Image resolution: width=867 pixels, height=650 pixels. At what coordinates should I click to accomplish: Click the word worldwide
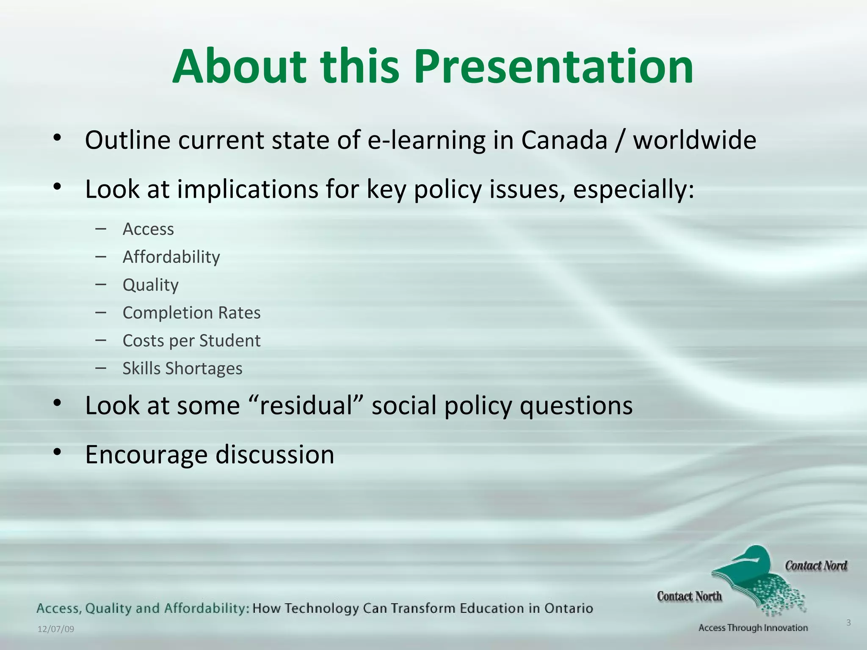(694, 140)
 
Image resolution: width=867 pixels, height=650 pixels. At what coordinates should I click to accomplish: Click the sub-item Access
(148, 229)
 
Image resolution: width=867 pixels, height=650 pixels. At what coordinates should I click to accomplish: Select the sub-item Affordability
(171, 257)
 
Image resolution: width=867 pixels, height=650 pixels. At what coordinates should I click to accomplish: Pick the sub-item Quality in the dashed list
(150, 285)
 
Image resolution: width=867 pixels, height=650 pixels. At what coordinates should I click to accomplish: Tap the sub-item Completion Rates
(191, 313)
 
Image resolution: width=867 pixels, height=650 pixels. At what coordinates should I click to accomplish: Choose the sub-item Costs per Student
(191, 341)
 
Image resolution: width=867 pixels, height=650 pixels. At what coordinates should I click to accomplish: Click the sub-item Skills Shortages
(182, 369)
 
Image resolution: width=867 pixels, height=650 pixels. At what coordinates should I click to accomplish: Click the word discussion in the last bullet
(275, 454)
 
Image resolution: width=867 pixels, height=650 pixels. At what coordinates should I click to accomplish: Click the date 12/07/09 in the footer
(56, 629)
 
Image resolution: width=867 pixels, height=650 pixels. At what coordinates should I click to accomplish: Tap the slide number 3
(848, 622)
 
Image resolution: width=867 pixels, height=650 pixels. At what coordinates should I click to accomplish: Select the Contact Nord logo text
(816, 566)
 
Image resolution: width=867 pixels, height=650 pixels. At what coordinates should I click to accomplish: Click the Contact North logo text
(689, 596)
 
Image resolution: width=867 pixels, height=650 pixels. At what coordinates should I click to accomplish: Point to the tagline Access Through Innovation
(753, 628)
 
